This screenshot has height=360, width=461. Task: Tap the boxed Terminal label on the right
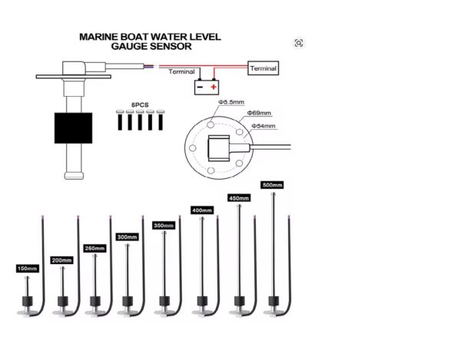pos(263,68)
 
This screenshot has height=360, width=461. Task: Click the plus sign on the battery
pos(213,88)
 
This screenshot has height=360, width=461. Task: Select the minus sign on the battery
pos(200,88)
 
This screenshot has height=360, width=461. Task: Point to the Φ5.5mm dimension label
pos(231,101)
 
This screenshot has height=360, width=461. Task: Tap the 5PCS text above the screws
pos(140,104)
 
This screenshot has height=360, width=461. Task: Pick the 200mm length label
pos(61,259)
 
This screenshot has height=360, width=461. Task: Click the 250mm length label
pos(94,248)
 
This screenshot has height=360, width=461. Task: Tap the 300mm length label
pos(126,237)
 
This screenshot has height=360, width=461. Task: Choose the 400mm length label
pos(201,210)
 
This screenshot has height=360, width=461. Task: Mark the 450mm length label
pos(240,197)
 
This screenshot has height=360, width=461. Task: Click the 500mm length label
pos(273,185)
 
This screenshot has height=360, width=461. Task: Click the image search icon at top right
pos(299,43)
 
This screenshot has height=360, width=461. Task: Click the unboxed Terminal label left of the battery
pos(182,72)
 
